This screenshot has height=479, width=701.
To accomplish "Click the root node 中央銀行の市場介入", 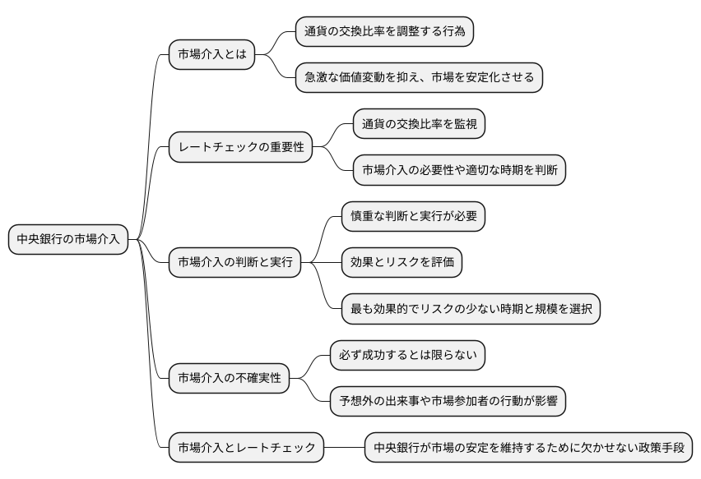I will [68, 240].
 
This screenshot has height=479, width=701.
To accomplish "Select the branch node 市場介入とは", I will [211, 55].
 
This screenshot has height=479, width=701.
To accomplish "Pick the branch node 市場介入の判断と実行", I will [234, 263].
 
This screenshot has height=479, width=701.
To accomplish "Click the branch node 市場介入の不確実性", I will [230, 379].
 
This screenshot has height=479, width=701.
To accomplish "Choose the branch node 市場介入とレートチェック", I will [247, 448].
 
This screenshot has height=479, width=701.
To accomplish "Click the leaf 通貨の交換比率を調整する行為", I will [384, 32].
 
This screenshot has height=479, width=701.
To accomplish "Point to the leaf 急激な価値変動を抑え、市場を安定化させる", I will [419, 78].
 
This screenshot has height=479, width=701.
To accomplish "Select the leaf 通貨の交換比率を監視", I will [419, 125].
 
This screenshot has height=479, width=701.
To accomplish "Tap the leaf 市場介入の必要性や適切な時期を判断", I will [459, 171].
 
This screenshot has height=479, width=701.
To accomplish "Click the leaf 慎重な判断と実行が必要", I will [413, 217].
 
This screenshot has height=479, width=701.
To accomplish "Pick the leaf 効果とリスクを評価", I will [402, 263].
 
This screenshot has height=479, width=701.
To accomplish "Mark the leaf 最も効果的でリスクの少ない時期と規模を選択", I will [471, 310].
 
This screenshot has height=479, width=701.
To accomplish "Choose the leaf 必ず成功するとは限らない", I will [407, 356].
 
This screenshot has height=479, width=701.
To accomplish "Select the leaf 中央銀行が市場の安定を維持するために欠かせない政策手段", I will [528, 448].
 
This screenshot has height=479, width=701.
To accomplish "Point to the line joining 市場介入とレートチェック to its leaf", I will [345, 448].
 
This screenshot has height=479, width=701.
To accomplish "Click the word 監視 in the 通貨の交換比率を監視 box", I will [464, 125].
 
